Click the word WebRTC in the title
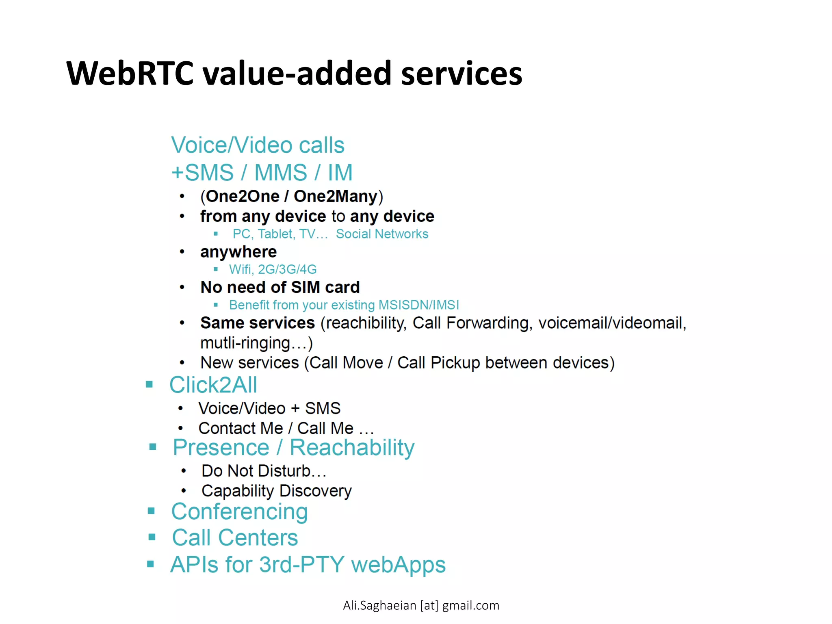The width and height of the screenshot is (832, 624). point(130,74)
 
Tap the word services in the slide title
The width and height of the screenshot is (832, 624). point(461,74)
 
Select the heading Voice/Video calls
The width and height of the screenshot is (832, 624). point(258,145)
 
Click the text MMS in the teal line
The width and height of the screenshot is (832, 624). point(281,173)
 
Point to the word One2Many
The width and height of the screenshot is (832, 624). point(336,197)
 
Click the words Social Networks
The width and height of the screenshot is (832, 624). point(382,234)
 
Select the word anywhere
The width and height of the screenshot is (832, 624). point(238,252)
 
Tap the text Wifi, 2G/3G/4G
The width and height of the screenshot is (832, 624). point(273,269)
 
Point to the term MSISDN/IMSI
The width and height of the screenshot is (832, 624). point(418,305)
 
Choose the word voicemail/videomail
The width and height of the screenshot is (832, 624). point(612,323)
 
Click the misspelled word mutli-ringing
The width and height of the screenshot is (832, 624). point(245,343)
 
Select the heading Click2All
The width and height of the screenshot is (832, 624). point(213,385)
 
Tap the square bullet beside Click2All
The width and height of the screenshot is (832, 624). point(149,384)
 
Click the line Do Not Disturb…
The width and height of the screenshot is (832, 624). point(264,471)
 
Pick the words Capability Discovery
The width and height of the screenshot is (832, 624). point(276,491)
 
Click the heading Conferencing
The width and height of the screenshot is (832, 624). point(240,512)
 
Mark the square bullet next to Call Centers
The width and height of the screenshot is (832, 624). point(152,537)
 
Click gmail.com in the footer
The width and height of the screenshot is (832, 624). point(470,606)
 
